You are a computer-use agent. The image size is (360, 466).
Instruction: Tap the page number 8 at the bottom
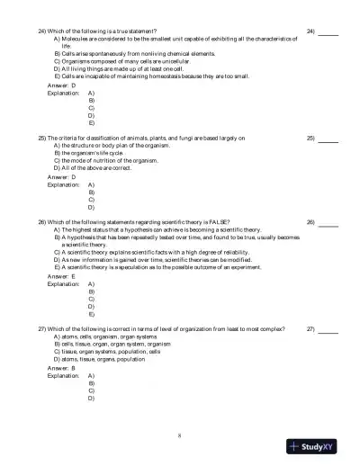pos(180,435)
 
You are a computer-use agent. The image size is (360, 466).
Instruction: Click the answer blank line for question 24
pos(328,32)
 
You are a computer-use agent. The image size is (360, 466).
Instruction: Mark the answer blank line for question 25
pos(328,139)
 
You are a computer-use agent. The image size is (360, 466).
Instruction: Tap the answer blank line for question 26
pos(328,223)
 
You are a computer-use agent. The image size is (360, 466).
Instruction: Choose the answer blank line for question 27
pos(328,331)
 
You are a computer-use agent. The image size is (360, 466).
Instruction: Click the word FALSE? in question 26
pos(218,221)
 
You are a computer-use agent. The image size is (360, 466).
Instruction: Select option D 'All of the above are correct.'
pos(93,167)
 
